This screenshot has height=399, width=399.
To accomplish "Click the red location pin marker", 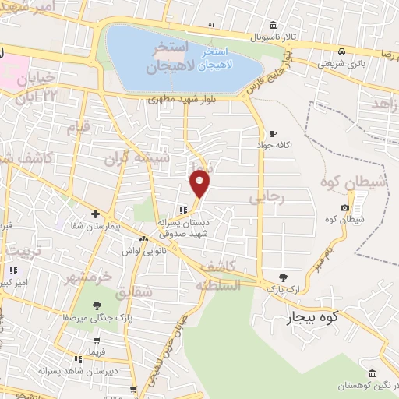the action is (x=200, y=182).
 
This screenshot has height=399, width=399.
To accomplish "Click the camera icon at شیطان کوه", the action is (x=344, y=207).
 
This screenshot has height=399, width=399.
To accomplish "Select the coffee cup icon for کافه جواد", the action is (x=272, y=133).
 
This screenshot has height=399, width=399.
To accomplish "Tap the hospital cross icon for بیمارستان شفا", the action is (x=95, y=214).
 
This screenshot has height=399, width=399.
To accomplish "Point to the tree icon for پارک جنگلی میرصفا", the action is (x=97, y=305).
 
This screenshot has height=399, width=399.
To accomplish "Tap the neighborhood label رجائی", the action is (x=267, y=199).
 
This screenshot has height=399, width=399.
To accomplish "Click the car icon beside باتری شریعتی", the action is (x=342, y=51).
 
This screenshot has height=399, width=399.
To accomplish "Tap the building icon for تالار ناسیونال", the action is (x=272, y=25).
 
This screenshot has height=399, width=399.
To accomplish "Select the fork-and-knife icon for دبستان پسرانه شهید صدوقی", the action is (x=182, y=210).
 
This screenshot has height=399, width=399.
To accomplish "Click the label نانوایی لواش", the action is (x=141, y=251).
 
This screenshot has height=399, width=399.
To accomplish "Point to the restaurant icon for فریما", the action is (x=78, y=359).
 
